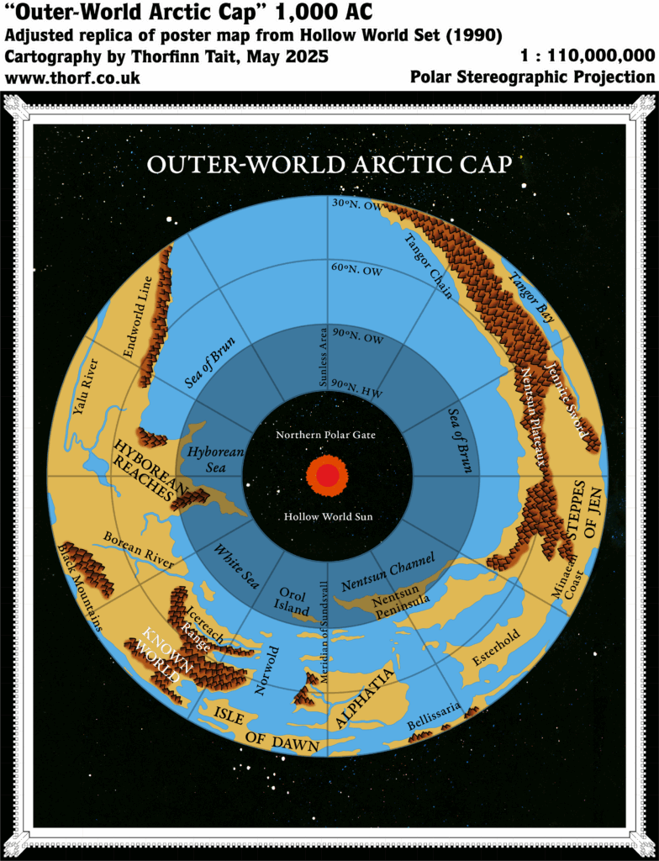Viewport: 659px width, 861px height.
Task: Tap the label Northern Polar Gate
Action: [326, 435]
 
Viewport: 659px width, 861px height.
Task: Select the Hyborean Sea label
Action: [215, 459]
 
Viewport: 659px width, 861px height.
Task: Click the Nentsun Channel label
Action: [388, 572]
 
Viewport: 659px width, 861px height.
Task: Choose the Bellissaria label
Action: [434, 716]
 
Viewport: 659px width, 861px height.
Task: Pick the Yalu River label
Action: [86, 386]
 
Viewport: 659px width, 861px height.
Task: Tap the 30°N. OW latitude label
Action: [356, 203]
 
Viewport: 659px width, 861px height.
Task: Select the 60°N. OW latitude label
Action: [356, 268]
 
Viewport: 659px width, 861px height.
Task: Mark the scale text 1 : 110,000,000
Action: [588, 56]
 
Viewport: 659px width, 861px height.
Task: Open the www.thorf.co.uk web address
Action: [73, 78]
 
